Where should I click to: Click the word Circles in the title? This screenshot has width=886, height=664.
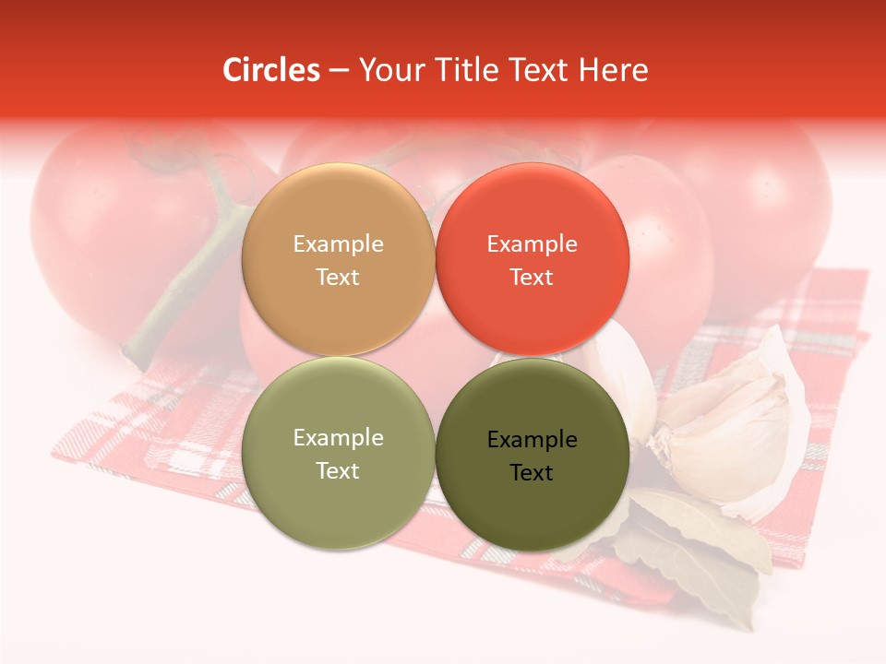270,70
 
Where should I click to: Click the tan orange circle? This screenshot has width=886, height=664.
338,212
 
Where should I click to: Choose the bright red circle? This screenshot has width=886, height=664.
532,212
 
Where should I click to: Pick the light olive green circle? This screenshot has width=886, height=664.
338,503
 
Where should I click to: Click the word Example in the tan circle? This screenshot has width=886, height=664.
338,244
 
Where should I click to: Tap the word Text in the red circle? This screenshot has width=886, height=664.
532,278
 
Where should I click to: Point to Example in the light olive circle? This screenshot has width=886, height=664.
338,438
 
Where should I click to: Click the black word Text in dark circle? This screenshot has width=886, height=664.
532,473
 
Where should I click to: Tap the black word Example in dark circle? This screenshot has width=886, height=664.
532,440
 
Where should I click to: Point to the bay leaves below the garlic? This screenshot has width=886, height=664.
701,544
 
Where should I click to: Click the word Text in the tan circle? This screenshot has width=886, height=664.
338,278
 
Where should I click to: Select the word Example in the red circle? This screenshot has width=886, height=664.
532,244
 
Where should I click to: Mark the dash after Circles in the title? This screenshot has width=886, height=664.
339,70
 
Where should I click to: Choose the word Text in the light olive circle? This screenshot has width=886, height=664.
338,471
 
